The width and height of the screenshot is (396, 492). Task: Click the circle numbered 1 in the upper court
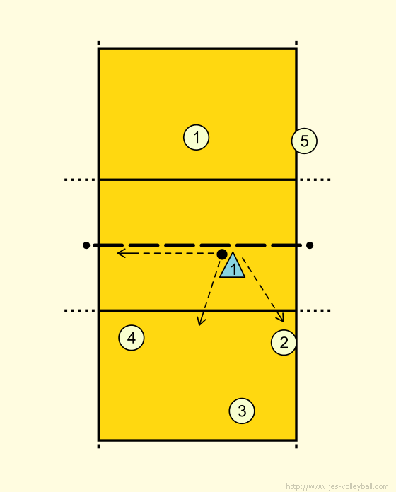click(x=196, y=137)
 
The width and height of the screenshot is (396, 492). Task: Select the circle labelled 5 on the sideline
click(x=304, y=141)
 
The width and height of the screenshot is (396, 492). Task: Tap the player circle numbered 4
click(x=132, y=338)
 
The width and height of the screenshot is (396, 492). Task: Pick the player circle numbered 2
click(x=284, y=342)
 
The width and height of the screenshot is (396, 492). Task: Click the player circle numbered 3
click(x=242, y=411)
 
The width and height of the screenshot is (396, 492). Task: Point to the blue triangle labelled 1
click(x=233, y=266)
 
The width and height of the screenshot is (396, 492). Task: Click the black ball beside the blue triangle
click(x=222, y=254)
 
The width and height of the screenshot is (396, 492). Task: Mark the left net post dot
click(x=86, y=245)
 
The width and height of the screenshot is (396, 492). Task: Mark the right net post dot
click(x=310, y=245)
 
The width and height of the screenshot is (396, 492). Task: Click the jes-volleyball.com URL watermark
click(x=337, y=486)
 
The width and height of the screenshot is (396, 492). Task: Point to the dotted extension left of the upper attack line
click(x=80, y=180)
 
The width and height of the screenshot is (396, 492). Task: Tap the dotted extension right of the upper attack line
click(x=315, y=180)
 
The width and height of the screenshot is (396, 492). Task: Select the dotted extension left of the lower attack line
click(x=80, y=310)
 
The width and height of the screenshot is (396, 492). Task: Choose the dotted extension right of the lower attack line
click(x=315, y=310)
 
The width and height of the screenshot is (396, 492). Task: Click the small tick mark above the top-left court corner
click(x=98, y=43)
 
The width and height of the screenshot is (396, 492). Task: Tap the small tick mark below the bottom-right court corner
click(x=296, y=446)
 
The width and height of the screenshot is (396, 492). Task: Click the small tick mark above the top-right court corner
click(x=296, y=43)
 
